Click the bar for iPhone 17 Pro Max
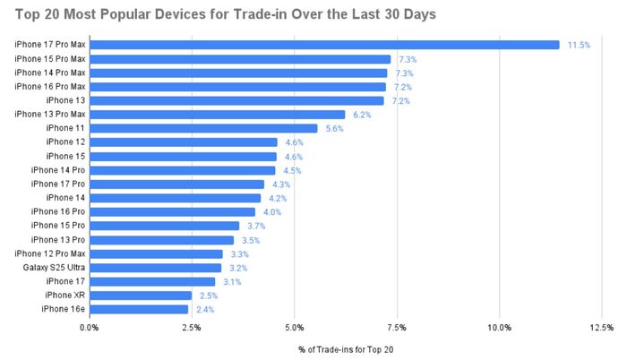tap(324, 45)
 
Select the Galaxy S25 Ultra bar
tap(155, 268)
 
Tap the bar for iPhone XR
tap(141, 296)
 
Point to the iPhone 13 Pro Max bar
tap(217, 115)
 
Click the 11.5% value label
tap(579, 45)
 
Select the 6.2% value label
tap(362, 115)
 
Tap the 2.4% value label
tap(205, 309)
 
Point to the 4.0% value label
tap(271, 212)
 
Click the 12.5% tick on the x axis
tap(602, 328)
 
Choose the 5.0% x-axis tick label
tap(294, 328)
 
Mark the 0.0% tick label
tap(90, 328)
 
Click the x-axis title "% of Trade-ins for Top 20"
tap(345, 348)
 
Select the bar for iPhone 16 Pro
tap(172, 212)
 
